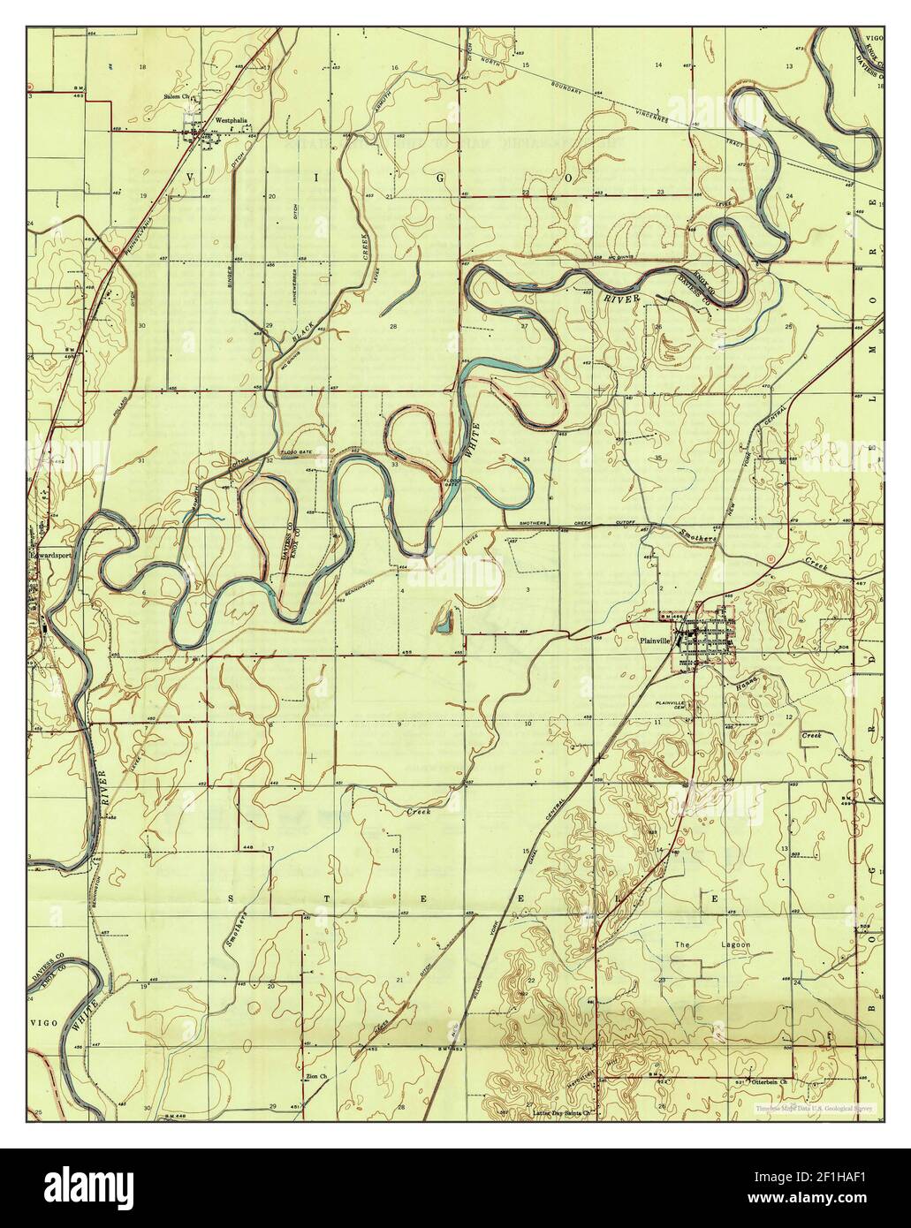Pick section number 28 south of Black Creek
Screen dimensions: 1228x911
point(392,326)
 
